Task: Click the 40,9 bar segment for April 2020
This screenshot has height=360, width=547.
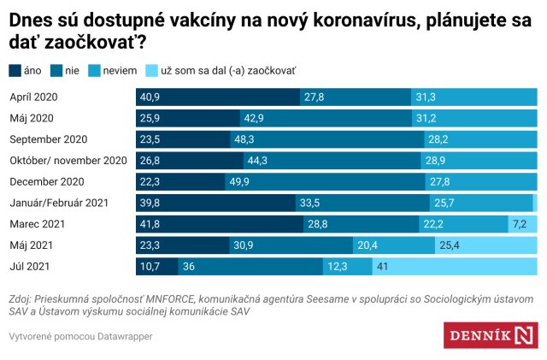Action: pyautogui.click(x=218, y=97)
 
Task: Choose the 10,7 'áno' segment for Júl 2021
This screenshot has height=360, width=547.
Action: pyautogui.click(x=156, y=267)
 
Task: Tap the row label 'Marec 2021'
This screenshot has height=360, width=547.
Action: pyautogui.click(x=37, y=224)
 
